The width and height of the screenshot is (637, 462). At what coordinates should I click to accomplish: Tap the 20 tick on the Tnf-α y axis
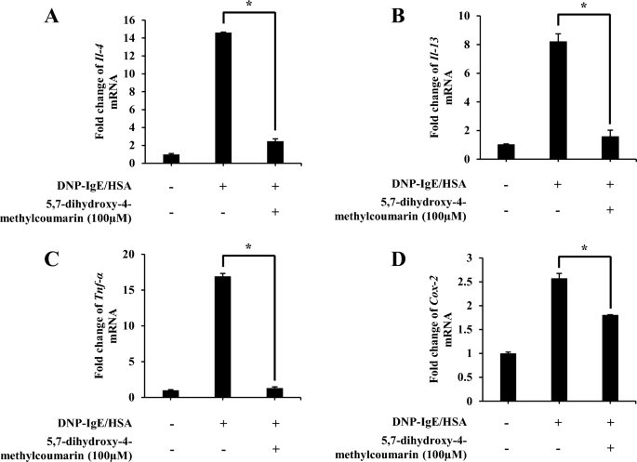(x=141, y=255)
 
